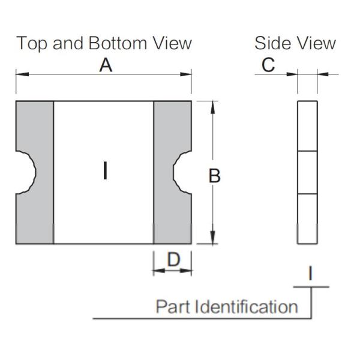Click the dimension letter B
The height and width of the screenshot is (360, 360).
click(x=214, y=176)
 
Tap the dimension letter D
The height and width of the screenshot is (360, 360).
click(x=173, y=260)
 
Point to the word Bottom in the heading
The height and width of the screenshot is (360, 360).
click(x=113, y=44)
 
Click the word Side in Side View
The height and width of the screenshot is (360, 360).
click(x=273, y=44)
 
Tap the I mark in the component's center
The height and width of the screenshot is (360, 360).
click(x=105, y=172)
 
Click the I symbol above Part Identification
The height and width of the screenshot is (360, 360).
click(x=310, y=274)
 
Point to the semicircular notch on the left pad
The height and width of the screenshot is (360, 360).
click(x=26, y=172)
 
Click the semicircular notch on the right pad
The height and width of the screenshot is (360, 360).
click(x=182, y=172)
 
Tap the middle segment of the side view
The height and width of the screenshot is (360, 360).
click(x=307, y=172)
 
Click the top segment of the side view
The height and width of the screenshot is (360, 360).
click(x=307, y=126)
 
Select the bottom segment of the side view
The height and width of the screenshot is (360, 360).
click(x=307, y=219)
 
